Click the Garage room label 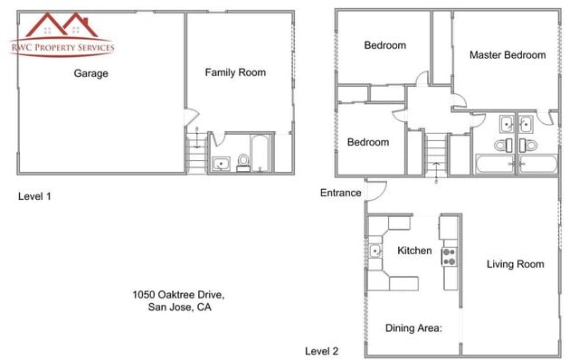pos(90,74)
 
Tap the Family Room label pos(235,72)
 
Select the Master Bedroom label pos(507,55)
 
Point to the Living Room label pos(515,264)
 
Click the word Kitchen pos(413,251)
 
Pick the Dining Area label pos(413,328)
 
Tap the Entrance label pos(341,193)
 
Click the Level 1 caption pos(34,196)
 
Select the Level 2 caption pos(321,351)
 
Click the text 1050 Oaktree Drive pos(178,295)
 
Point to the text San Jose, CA pos(179,308)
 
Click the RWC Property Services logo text pos(62,47)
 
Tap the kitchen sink pos(375,251)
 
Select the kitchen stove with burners pos(447,256)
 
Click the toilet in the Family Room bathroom pos(242,163)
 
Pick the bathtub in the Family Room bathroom pos(260,155)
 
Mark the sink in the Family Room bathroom pos(221,164)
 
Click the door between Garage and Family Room pos(188,118)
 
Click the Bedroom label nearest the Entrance pos(368,142)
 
